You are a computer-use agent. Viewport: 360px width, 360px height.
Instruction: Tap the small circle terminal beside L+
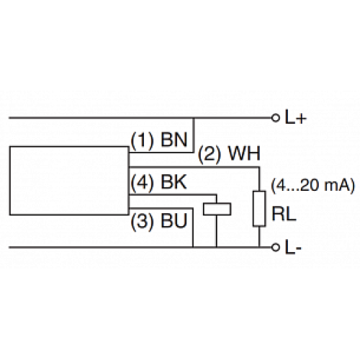pos(274,117)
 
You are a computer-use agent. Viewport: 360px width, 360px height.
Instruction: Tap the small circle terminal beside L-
pos(274,248)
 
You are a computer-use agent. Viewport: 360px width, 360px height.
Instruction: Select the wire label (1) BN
pos(160,140)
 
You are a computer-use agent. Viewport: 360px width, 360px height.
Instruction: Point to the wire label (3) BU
pos(158,221)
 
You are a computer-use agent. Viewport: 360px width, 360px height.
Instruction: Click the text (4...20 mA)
pos(311,185)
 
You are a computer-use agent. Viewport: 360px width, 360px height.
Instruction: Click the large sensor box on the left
pos(68,179)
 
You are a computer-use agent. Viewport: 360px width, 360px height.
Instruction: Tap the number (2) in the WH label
pos(207,154)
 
